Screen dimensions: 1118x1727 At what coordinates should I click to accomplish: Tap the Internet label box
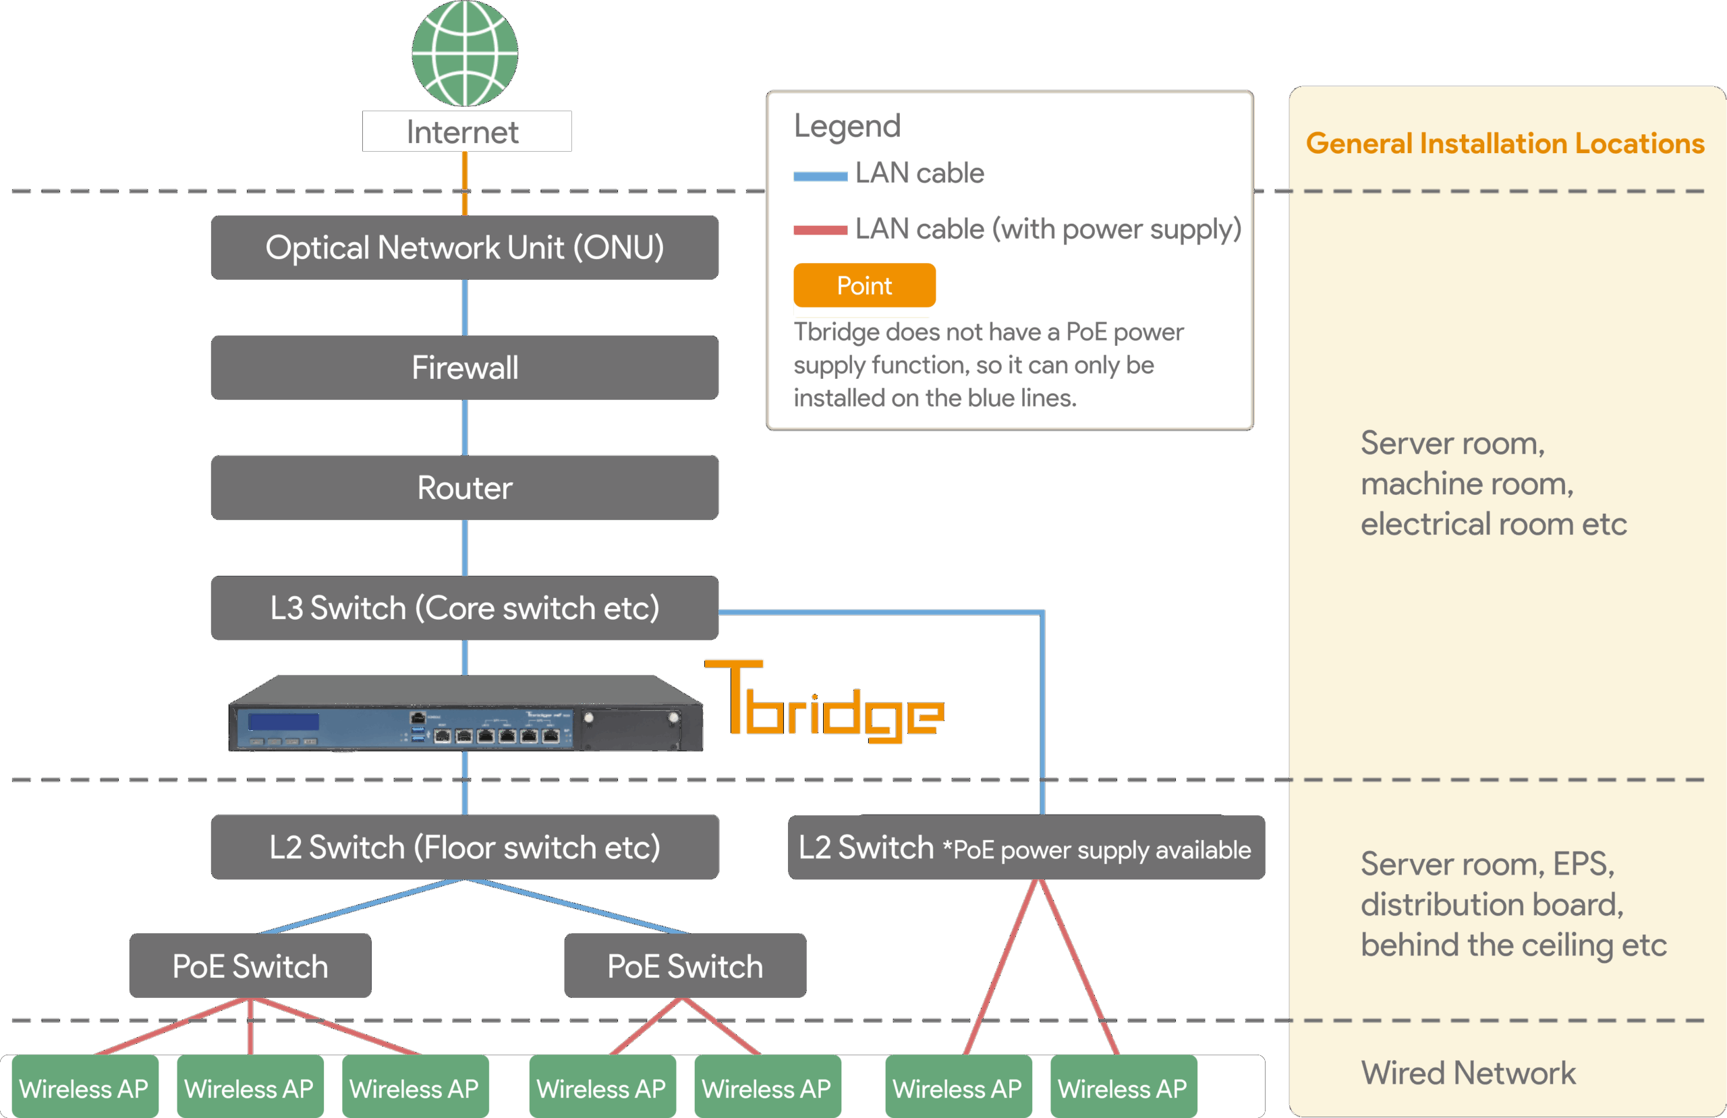tap(467, 131)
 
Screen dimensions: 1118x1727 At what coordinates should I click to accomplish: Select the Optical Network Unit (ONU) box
tap(464, 247)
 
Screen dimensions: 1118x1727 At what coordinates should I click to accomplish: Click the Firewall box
tap(464, 367)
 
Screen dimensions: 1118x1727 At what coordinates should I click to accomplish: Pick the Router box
tap(464, 488)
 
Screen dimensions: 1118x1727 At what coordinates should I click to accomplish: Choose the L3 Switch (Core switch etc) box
tap(464, 608)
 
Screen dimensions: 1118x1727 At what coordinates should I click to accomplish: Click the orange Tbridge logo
tap(824, 702)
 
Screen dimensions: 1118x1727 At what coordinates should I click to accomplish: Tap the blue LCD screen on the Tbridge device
tap(283, 722)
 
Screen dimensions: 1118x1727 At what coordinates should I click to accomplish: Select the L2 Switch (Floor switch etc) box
tap(464, 847)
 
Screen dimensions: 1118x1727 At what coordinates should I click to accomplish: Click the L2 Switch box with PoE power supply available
tap(1026, 848)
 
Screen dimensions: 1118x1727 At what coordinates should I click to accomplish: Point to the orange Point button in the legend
tap(864, 285)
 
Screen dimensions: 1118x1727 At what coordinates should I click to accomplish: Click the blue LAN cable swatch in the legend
tap(820, 175)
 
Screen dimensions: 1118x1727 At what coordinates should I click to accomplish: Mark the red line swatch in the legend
tap(820, 231)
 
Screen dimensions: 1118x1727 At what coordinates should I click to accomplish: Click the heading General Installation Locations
tap(1505, 144)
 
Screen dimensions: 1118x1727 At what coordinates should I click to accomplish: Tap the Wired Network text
tap(1468, 1073)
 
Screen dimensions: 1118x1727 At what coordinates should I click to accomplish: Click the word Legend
tap(847, 126)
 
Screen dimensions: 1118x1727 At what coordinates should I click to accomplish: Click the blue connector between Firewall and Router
tap(465, 428)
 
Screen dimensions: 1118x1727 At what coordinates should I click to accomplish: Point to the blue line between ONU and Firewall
tap(465, 307)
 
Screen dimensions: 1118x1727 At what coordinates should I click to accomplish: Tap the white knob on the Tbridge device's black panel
tap(589, 718)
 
